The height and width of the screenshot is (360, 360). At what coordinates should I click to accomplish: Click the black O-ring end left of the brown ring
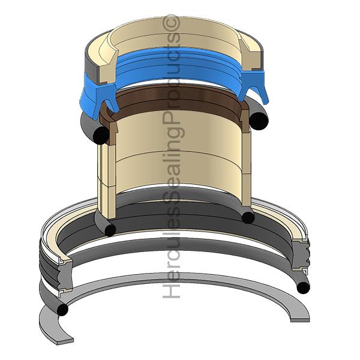pos(101,135)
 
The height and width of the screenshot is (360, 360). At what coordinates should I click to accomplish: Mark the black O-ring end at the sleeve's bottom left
pos(110,230)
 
